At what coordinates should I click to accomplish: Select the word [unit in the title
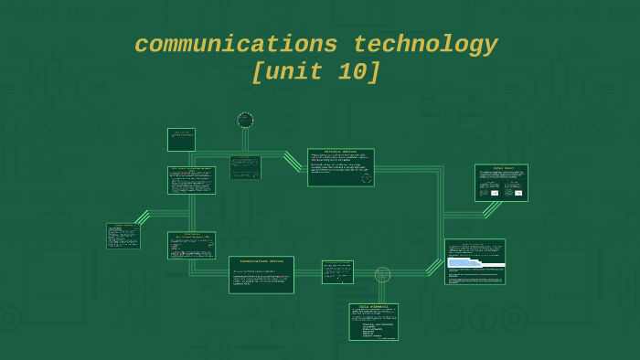284,72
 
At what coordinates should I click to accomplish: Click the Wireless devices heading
340,152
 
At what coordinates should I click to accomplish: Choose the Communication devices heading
261,261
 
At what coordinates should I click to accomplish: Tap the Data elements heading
373,306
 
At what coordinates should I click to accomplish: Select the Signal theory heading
503,168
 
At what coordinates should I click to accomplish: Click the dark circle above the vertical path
245,120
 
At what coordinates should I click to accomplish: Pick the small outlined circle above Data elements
382,274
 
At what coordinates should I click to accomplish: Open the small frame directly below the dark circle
245,167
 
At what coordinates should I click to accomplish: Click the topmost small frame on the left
181,139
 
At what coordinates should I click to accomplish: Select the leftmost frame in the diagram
123,236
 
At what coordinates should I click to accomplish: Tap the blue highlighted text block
464,262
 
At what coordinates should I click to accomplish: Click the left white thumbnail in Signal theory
495,193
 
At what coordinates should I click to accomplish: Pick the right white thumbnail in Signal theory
518,193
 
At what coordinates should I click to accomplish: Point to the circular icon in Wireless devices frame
367,178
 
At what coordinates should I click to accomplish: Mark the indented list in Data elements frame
378,330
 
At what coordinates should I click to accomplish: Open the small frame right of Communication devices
337,271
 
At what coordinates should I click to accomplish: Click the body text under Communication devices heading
261,278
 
